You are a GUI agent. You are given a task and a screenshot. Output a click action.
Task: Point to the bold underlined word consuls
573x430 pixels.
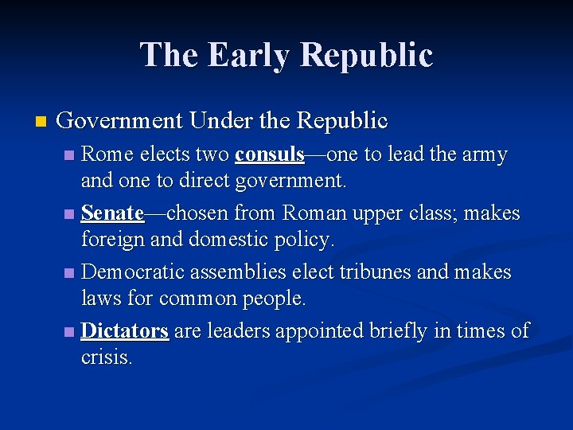tap(270, 154)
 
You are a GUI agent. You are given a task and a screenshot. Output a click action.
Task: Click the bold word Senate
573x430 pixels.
tap(112, 213)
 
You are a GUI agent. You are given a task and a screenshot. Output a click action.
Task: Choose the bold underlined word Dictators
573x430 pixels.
tap(125, 330)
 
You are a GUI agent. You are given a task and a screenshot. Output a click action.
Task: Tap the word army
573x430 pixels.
tap(484, 154)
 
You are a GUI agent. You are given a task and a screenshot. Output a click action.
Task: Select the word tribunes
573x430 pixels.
tap(372, 272)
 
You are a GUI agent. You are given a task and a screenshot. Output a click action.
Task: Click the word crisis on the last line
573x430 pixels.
tap(106, 358)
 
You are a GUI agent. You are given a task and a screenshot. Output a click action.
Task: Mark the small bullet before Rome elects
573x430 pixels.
tap(70, 154)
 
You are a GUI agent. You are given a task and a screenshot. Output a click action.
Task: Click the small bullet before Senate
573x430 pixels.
tap(70, 214)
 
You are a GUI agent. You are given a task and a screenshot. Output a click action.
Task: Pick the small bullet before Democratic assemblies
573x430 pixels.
tap(70, 273)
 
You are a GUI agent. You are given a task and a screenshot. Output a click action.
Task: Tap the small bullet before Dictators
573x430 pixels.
tap(70, 331)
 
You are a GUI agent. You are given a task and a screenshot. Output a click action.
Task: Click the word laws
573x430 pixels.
tap(103, 299)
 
